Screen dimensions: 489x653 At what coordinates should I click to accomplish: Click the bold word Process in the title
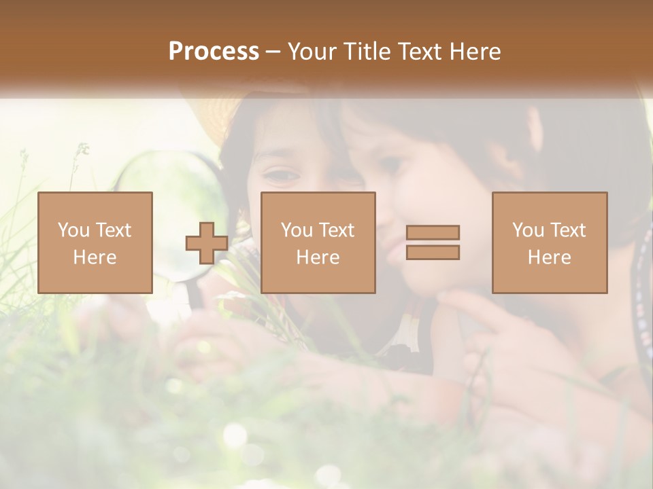click(x=214, y=52)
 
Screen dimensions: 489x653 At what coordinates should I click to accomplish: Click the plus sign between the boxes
click(x=207, y=243)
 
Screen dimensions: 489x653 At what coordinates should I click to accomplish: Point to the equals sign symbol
click(x=433, y=242)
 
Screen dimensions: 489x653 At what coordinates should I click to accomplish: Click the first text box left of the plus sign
click(x=95, y=242)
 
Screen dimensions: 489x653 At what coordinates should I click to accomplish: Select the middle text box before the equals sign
click(x=318, y=242)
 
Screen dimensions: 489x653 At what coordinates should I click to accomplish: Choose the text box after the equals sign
click(x=550, y=242)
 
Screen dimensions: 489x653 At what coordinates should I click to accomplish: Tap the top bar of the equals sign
click(x=433, y=233)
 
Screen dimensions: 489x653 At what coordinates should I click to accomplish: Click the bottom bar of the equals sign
click(x=433, y=252)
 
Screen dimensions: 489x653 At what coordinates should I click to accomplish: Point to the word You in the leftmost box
click(x=73, y=230)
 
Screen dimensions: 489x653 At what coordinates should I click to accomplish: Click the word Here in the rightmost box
click(x=550, y=257)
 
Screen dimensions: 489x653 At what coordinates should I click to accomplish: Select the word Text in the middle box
click(x=337, y=230)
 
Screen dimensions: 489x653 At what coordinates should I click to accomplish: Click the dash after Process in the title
click(x=273, y=52)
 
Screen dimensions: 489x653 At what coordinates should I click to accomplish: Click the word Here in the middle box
click(x=318, y=257)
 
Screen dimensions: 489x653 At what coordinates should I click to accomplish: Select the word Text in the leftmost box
click(x=114, y=230)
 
